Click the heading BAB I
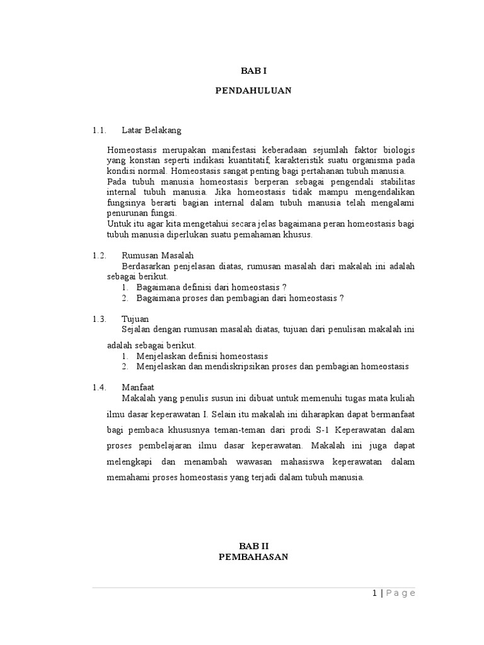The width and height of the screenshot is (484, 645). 253,72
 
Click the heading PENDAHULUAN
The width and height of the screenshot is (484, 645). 253,91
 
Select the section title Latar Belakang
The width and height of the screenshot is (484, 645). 151,130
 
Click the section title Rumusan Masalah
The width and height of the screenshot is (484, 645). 158,256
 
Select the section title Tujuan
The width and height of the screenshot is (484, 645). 135,319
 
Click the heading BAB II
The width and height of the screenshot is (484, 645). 253,546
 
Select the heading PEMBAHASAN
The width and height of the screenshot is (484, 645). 253,557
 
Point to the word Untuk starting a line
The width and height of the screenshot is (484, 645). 118,224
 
